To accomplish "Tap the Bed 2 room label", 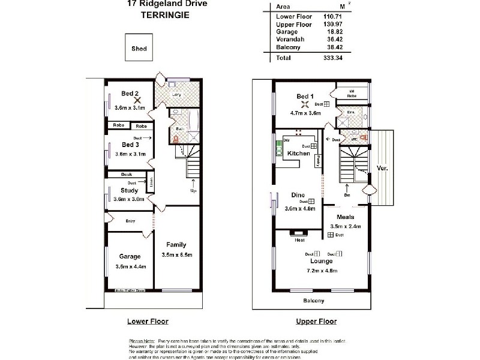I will (x=130, y=93).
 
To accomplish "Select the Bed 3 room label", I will (x=130, y=145).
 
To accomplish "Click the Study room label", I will (x=130, y=191).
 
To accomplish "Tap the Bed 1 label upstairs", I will (x=305, y=96).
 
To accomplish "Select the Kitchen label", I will (x=298, y=154).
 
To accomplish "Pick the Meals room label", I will (x=346, y=217).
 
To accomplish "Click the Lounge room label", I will (x=321, y=262).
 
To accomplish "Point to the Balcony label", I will (x=313, y=301).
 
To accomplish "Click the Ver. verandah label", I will (x=382, y=169).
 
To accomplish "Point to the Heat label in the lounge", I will (x=300, y=240).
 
